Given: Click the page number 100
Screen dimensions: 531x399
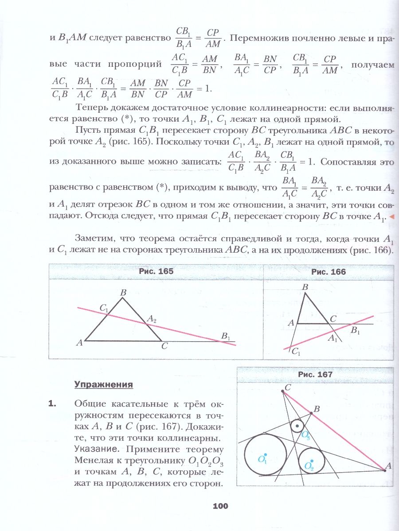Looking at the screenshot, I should click(x=220, y=506).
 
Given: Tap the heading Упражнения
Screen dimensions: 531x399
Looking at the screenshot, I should click(x=104, y=384).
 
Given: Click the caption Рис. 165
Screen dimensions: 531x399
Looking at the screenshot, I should click(x=156, y=272).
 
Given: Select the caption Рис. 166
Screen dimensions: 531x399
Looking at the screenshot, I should click(x=329, y=272).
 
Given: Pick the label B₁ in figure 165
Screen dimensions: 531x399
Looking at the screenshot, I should click(x=226, y=338).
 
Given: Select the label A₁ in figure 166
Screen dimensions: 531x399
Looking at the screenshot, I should click(x=333, y=339).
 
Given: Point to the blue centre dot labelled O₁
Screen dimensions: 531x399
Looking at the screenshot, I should click(x=265, y=454).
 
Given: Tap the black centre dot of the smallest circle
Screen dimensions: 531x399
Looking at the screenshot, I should click(x=297, y=427).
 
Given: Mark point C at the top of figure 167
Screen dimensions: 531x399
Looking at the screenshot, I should click(x=283, y=391).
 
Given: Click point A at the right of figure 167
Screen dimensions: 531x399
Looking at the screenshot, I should click(x=384, y=470).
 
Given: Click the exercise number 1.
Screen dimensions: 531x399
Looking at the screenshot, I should click(x=53, y=403).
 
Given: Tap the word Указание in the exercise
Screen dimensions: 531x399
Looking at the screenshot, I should click(x=93, y=449).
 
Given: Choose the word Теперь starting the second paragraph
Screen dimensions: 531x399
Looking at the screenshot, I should click(x=91, y=108).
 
